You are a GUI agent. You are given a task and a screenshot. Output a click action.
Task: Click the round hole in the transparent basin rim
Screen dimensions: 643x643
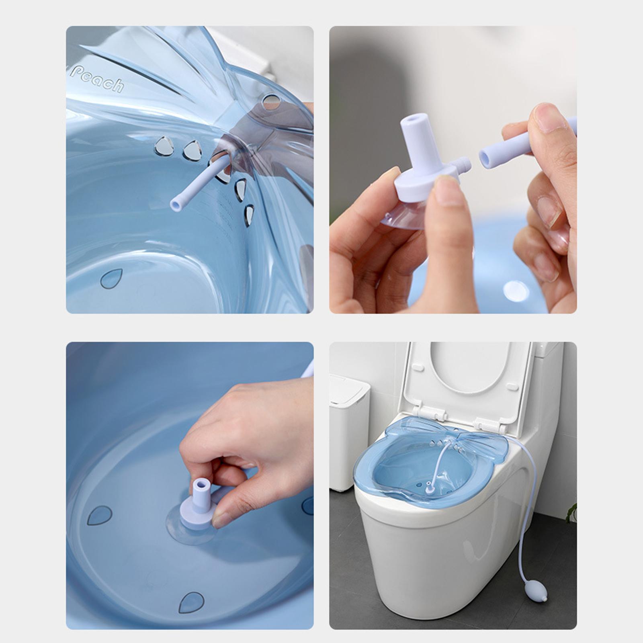tap(271, 102)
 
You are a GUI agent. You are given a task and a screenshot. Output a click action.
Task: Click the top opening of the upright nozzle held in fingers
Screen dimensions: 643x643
tap(413, 121)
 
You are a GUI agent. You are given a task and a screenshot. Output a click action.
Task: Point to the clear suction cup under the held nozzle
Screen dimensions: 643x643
tap(402, 219)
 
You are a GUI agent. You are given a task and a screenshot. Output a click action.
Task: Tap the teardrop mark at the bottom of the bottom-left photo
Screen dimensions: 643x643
tap(191, 602)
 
